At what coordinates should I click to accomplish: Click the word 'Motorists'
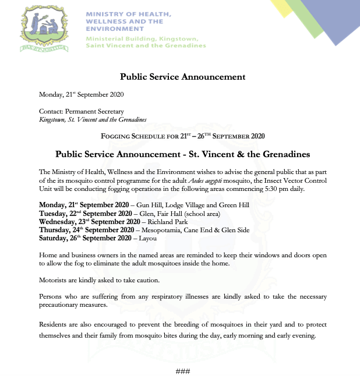pos(52,280)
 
